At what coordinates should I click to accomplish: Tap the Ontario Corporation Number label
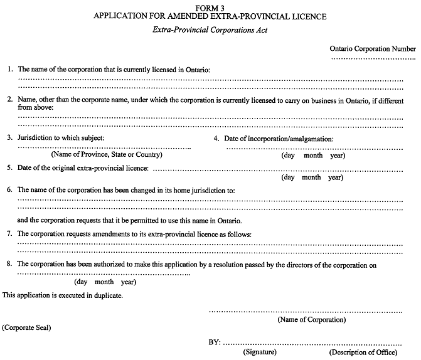pos(373,49)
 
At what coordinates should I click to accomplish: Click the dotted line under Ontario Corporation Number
pos(374,58)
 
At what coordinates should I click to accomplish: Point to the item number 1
pos(10,68)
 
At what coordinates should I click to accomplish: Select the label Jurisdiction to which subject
pos(60,137)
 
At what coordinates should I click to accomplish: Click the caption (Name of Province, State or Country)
pos(105,154)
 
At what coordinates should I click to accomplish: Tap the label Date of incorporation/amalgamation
pos(279,139)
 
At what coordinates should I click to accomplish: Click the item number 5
pos(9,167)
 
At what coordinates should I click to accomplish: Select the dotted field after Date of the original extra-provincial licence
pos(277,169)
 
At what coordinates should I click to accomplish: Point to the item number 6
pos(9,189)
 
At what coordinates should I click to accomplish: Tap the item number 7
pos(9,234)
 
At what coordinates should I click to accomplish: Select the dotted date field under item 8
pos(104,274)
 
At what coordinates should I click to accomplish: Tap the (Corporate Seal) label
pos(27,328)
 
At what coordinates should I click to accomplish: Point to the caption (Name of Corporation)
pos(311,320)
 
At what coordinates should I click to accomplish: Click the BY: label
pos(215,343)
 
